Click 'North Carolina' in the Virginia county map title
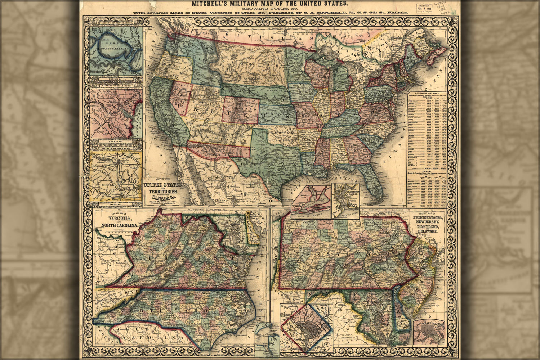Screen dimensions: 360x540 point(117,225)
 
